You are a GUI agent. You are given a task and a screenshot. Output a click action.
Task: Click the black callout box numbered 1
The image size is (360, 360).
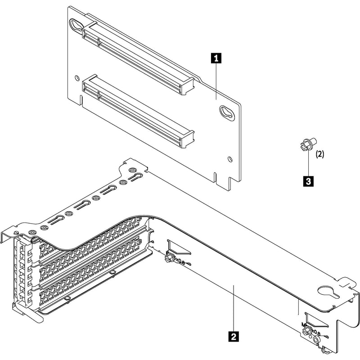click(x=216, y=58)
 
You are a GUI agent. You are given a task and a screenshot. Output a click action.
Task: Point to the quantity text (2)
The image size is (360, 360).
click(x=319, y=154)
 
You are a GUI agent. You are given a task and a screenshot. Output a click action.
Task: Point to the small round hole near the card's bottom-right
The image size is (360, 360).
click(x=231, y=158)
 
